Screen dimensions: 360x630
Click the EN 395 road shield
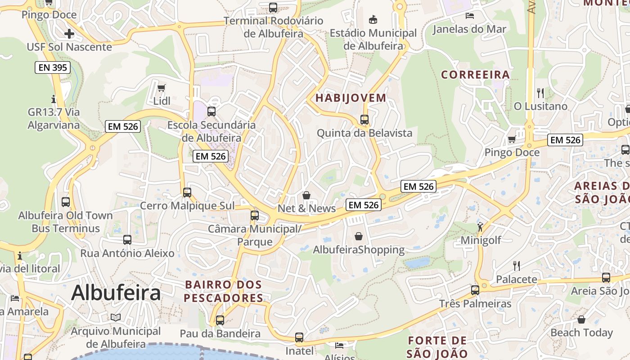click(53, 68)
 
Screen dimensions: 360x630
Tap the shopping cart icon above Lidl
click(161, 87)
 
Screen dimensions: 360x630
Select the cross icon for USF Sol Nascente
click(69, 34)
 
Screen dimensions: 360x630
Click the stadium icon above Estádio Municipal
click(373, 19)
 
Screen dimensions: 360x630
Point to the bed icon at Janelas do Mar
click(469, 16)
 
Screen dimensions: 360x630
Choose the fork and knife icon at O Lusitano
click(540, 93)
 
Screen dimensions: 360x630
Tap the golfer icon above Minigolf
click(480, 226)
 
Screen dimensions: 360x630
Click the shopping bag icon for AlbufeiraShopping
click(359, 236)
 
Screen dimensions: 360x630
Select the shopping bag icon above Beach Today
click(581, 319)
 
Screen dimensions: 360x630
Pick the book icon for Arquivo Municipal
click(116, 318)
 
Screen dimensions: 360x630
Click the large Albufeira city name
click(116, 293)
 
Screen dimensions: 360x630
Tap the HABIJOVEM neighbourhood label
click(351, 98)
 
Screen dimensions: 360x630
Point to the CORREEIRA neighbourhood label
click(475, 75)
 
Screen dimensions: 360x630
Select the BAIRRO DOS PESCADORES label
click(223, 291)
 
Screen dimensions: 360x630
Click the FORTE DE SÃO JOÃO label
click(437, 347)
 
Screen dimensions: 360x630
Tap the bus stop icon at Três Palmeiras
click(475, 290)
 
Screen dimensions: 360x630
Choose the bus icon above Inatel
click(299, 337)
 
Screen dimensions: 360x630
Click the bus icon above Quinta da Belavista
click(364, 120)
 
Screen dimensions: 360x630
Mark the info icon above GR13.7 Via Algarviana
click(54, 99)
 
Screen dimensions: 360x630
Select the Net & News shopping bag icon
click(306, 195)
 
